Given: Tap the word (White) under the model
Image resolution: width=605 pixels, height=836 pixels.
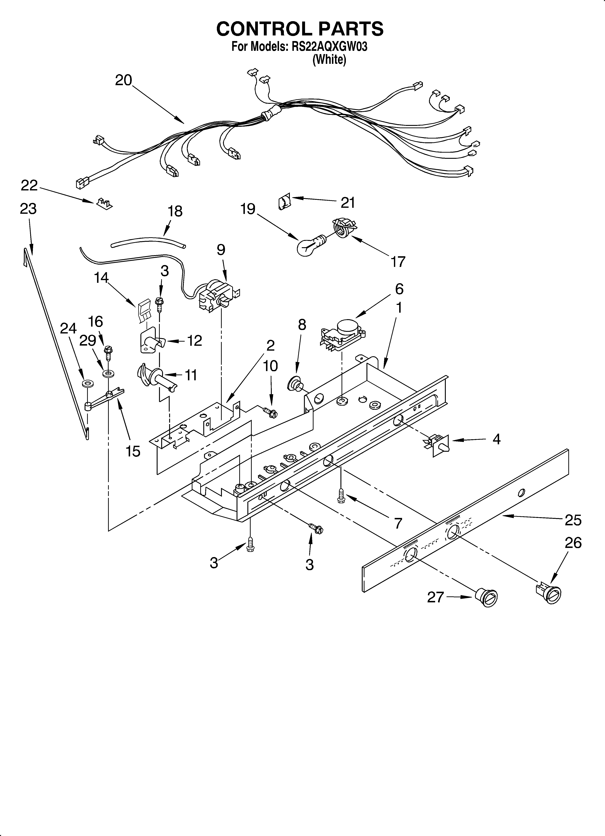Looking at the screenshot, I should (x=329, y=59).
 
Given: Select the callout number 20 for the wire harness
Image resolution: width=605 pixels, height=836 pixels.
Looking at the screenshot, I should (x=123, y=80).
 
